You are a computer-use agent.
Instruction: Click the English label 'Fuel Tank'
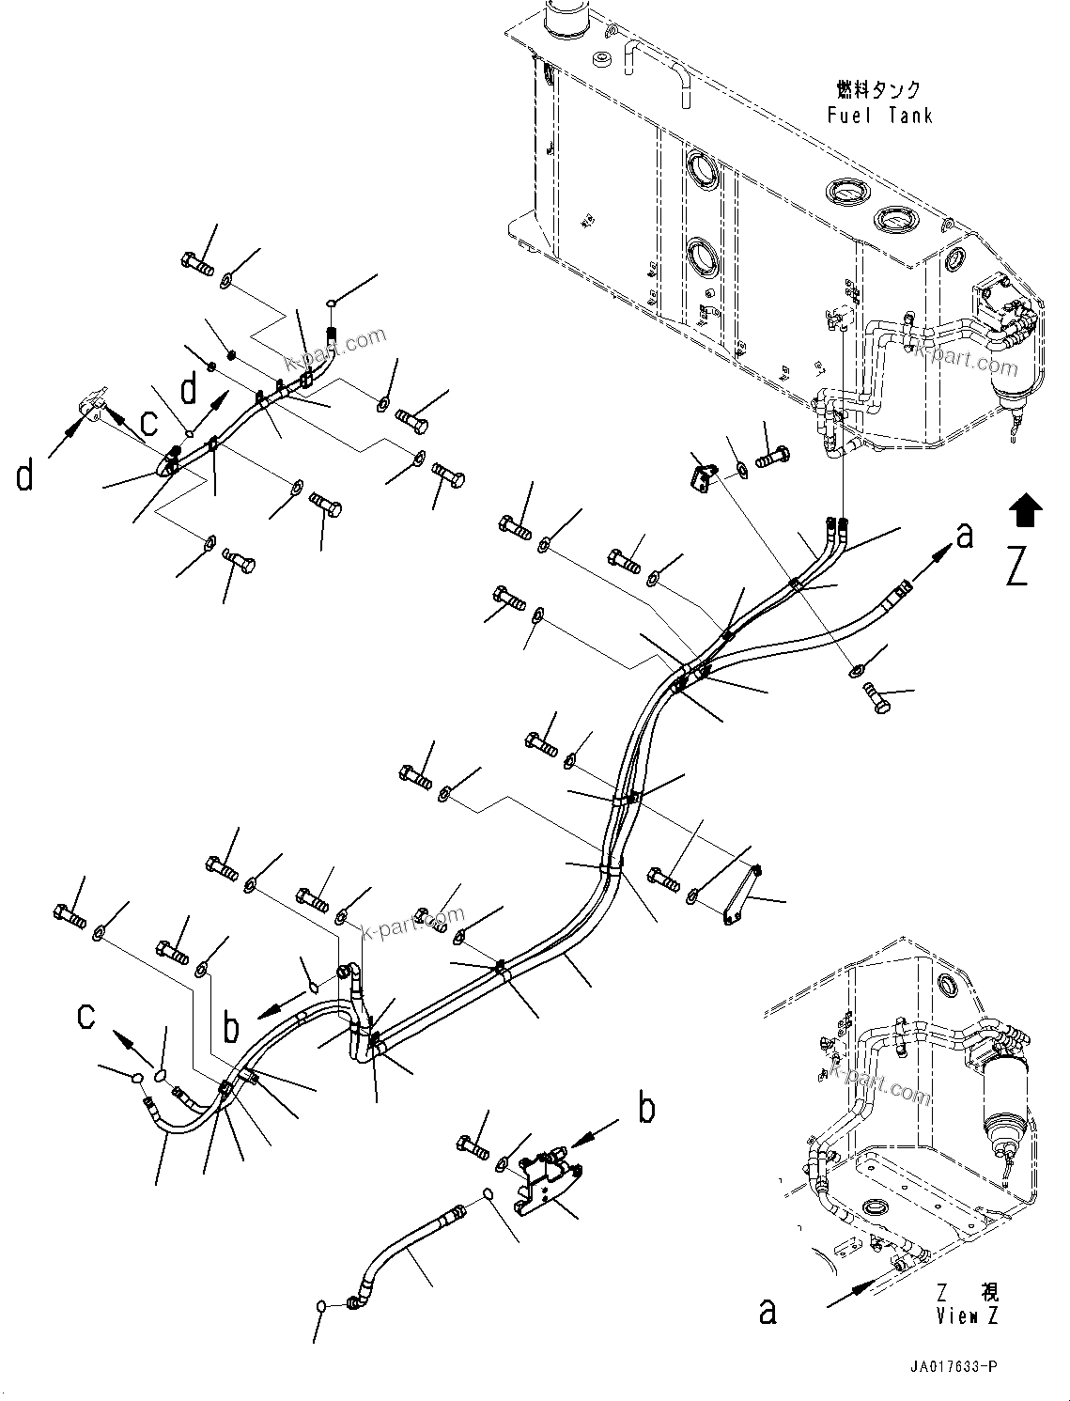(x=880, y=116)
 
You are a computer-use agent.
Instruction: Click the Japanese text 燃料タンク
(x=878, y=90)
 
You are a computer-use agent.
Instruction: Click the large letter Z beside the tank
(x=1017, y=567)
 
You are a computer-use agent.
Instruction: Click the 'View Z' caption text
(x=967, y=1316)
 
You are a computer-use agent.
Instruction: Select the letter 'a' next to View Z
(x=768, y=1312)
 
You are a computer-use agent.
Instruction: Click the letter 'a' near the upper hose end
(x=964, y=537)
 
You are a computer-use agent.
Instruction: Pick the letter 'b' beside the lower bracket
(x=646, y=1110)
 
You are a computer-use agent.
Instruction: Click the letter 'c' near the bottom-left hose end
(x=86, y=1016)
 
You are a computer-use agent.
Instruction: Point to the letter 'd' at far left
(x=25, y=476)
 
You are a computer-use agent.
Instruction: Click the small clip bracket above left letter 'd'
(x=92, y=406)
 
